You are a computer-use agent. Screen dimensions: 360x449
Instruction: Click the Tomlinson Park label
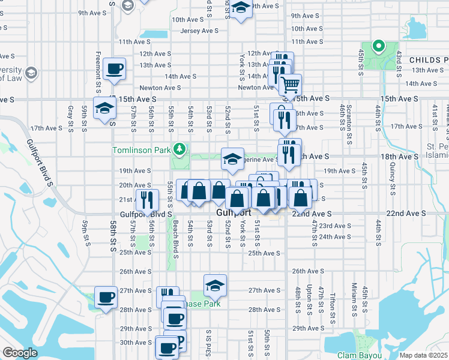click(x=141, y=149)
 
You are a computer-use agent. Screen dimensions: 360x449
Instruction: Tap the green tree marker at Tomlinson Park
click(x=178, y=148)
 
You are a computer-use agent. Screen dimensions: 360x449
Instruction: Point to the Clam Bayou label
click(x=359, y=355)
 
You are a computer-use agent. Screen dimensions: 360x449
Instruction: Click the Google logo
click(x=20, y=353)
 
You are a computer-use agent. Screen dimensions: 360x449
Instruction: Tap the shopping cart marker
click(x=291, y=84)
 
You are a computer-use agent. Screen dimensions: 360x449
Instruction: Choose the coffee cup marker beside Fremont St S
click(x=113, y=68)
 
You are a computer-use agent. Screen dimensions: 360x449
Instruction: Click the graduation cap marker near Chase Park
click(x=215, y=285)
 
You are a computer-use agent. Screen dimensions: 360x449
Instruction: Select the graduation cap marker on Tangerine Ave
click(x=232, y=159)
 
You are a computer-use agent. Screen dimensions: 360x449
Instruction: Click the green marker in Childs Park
click(x=378, y=44)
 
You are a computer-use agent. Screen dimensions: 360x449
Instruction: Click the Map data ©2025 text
click(x=423, y=355)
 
